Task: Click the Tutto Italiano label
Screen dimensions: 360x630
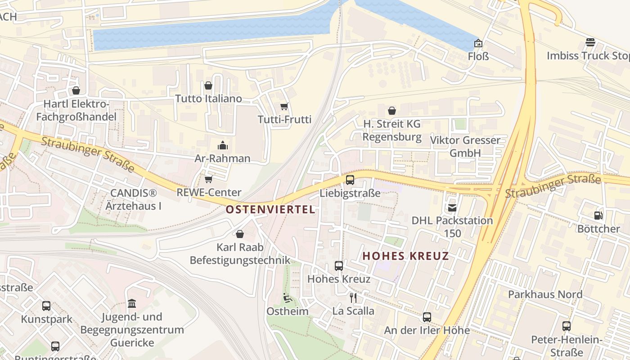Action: pyautogui.click(x=208, y=99)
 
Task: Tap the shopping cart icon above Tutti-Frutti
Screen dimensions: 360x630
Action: pyautogui.click(x=284, y=107)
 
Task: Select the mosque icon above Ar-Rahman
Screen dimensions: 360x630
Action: pyautogui.click(x=222, y=145)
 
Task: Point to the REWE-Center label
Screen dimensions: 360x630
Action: pyautogui.click(x=209, y=192)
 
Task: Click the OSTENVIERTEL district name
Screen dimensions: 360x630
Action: pyautogui.click(x=270, y=210)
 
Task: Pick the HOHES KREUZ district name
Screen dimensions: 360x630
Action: pyautogui.click(x=405, y=256)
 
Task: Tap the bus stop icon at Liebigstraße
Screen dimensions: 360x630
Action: pyautogui.click(x=350, y=180)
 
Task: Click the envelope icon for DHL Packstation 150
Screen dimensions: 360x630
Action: pyautogui.click(x=452, y=208)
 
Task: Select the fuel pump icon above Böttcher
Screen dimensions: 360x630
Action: pyautogui.click(x=598, y=216)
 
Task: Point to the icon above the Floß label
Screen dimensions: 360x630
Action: pyautogui.click(x=478, y=44)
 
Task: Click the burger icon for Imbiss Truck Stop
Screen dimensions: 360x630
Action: pyautogui.click(x=590, y=43)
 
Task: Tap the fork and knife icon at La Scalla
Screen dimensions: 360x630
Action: pyautogui.click(x=353, y=297)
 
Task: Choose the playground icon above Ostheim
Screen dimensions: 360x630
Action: pyautogui.click(x=287, y=298)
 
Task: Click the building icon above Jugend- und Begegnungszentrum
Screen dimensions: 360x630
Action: pyautogui.click(x=132, y=304)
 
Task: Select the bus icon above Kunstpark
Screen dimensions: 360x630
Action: pyautogui.click(x=46, y=306)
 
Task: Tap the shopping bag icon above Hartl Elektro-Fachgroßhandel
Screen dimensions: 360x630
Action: pyautogui.click(x=76, y=91)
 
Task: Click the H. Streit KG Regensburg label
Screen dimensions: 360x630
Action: pyautogui.click(x=392, y=130)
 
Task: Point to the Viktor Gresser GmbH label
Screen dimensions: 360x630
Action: pyautogui.click(x=465, y=146)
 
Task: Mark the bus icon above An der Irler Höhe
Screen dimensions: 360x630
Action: pyautogui.click(x=427, y=317)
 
